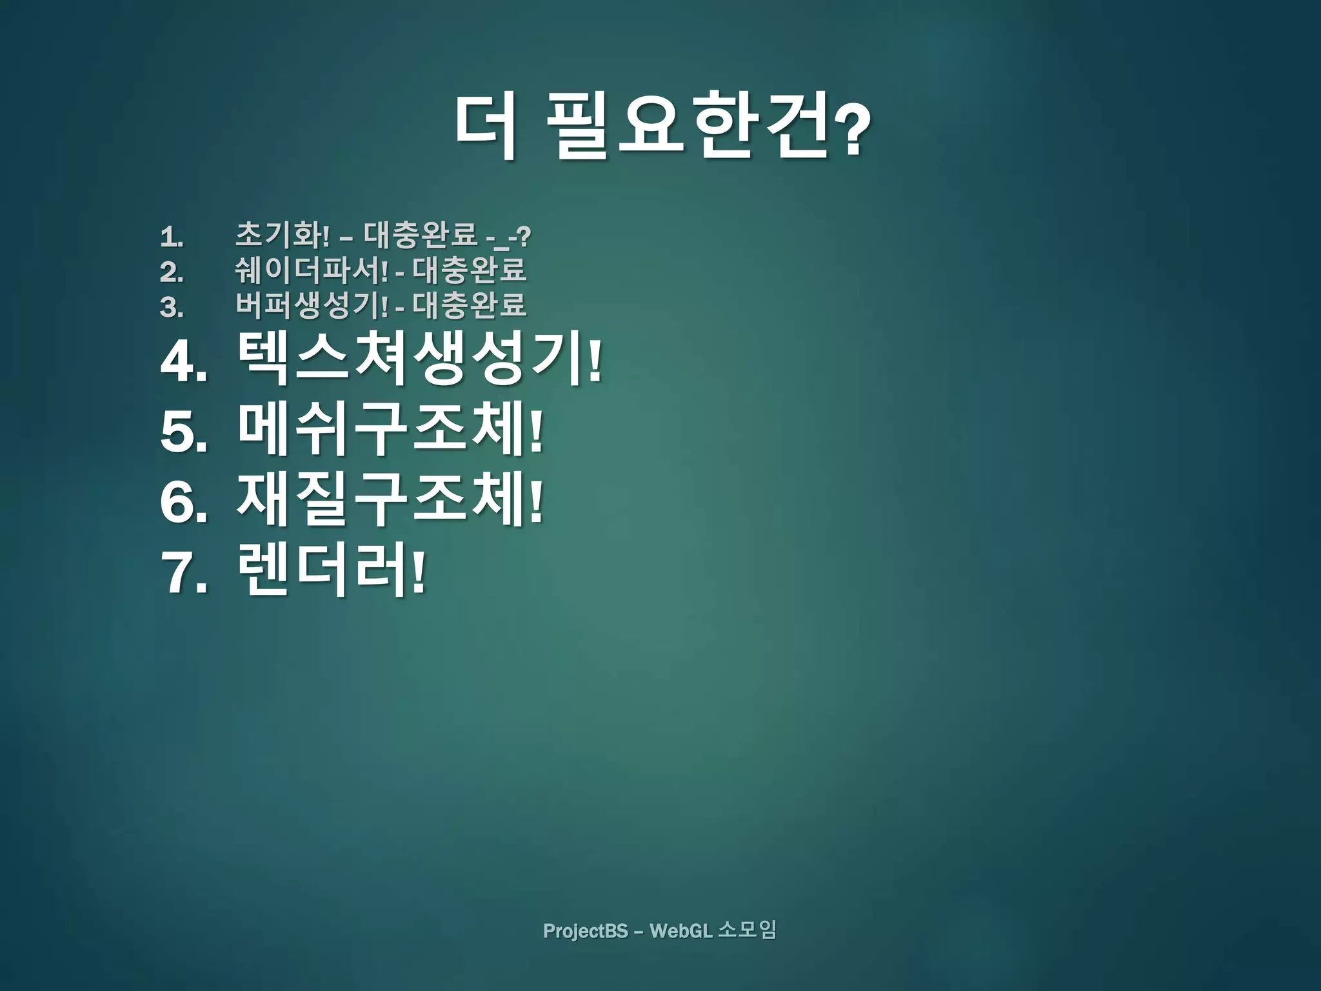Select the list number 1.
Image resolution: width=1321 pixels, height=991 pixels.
pos(171,237)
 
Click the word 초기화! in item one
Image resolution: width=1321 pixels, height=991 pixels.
pos(283,235)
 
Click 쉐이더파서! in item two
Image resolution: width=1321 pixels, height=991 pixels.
pos(312,270)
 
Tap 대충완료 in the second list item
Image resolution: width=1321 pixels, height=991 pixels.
pos(469,270)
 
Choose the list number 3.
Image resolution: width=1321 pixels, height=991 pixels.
pos(171,307)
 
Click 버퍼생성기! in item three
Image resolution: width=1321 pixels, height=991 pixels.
pos(312,305)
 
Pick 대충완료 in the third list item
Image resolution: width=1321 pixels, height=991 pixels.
pos(469,305)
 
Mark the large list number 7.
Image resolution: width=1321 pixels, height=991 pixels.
pos(183,574)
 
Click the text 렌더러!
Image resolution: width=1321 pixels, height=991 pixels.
pos(332,570)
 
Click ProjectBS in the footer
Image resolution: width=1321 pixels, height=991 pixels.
pos(585,931)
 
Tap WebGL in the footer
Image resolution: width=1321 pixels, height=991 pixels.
pos(680,931)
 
